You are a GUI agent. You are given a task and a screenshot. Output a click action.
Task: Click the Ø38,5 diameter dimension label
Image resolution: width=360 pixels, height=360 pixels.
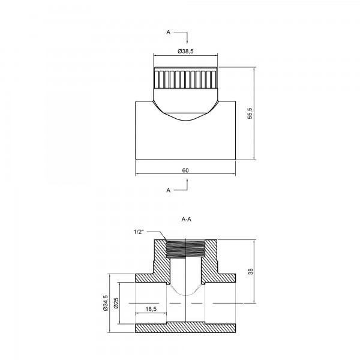[x=185, y=51]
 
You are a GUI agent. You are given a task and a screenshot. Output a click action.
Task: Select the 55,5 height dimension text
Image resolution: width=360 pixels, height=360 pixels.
[x=250, y=113]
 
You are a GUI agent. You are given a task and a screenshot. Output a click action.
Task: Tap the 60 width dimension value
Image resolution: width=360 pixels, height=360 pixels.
[x=185, y=170]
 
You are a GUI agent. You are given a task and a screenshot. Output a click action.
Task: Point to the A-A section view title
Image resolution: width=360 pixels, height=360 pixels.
[x=186, y=220]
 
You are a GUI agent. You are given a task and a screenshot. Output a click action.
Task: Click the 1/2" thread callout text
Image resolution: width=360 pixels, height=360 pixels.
[x=139, y=232]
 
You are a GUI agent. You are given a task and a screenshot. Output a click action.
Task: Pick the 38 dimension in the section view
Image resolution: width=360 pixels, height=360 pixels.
[x=250, y=271]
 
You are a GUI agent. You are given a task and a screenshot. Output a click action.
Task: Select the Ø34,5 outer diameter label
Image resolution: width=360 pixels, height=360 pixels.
[x=106, y=303]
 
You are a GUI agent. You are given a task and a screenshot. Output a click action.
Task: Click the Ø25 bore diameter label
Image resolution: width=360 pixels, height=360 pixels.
[x=116, y=303]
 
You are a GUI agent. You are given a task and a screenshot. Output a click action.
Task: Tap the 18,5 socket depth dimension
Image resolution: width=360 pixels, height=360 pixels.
[x=151, y=309]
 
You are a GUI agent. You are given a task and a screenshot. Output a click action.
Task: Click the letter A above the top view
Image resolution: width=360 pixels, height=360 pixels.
[x=168, y=32]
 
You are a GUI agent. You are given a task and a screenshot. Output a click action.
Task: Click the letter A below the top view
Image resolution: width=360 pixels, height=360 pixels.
[x=168, y=190]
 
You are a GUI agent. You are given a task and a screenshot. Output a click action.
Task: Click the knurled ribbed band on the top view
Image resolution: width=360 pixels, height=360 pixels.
[x=185, y=80]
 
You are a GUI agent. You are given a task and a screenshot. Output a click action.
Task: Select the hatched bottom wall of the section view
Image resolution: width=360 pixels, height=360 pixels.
[x=185, y=328]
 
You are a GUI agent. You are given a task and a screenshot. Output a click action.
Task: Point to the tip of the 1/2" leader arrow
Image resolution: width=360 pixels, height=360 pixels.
[x=166, y=240]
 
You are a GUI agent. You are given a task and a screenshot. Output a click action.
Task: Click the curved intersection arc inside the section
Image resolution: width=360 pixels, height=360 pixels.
[x=185, y=290]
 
